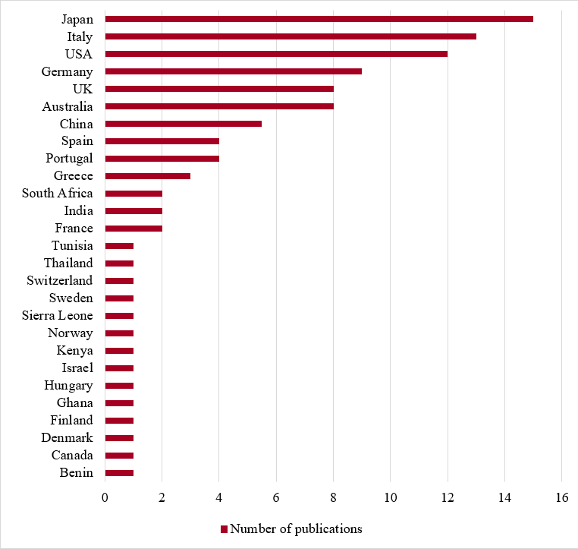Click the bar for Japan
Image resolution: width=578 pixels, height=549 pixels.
pos(319,19)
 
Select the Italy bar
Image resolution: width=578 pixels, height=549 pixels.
pos(291,36)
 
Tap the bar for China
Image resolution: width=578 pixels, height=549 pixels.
pos(183,124)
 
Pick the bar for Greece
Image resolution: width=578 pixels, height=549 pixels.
pos(147,176)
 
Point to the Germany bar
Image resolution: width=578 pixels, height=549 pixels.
pos(233,71)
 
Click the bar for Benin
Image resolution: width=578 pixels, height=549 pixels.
pos(119,473)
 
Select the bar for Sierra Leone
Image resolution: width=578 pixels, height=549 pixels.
pos(119,316)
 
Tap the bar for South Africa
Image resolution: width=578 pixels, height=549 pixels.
pos(134,194)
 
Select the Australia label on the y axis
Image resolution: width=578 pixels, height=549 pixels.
pos(68,106)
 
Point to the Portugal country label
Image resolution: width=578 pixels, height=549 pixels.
pos(69,159)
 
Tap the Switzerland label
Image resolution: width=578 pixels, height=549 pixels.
pos(60,281)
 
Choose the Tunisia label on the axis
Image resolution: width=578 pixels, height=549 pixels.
pos(73,246)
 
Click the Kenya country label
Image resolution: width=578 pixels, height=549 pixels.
pos(75,351)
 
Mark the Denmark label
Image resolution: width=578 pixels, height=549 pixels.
pos(68,438)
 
